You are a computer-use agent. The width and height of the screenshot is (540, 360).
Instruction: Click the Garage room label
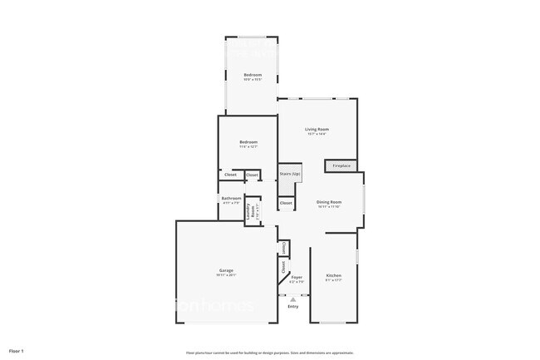click(x=226, y=271)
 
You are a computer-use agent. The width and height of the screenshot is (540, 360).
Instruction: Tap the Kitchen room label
click(x=333, y=275)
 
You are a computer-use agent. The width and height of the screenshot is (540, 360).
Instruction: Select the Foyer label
click(x=296, y=276)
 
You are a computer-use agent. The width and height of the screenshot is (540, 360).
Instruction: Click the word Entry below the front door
click(x=292, y=307)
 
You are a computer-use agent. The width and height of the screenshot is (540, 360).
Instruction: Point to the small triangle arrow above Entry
click(x=292, y=299)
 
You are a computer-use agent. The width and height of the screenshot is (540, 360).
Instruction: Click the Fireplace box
click(x=341, y=166)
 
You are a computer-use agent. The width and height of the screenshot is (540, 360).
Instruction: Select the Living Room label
click(x=317, y=129)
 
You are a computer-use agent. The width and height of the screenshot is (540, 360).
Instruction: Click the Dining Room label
click(x=329, y=202)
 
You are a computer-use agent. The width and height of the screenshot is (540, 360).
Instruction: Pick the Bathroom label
click(x=231, y=198)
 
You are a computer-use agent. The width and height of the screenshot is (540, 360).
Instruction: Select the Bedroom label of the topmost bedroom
click(x=253, y=75)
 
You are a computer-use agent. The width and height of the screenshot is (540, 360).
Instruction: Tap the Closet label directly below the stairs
click(x=286, y=203)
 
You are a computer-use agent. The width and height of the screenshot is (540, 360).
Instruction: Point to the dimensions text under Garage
click(x=226, y=276)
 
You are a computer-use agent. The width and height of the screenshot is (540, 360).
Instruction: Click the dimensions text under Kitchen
click(x=333, y=280)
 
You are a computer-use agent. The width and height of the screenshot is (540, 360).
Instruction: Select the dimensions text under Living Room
click(x=317, y=134)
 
